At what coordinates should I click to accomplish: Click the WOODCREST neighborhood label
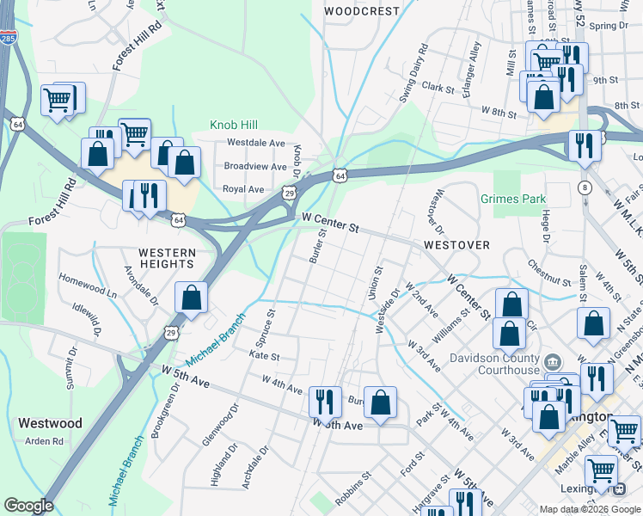(362, 11)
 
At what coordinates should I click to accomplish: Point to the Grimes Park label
(514, 199)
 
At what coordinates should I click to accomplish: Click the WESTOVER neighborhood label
(456, 245)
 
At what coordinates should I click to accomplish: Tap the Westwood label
(49, 423)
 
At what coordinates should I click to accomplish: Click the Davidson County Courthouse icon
(553, 359)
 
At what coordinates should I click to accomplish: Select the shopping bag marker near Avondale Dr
(191, 298)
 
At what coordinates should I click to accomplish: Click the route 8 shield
(585, 187)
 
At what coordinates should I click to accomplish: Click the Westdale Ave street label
(255, 143)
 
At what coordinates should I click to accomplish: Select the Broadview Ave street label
(254, 166)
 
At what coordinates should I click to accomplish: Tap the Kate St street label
(264, 355)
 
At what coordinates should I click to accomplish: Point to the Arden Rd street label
(45, 441)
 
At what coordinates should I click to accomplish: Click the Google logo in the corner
(28, 506)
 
